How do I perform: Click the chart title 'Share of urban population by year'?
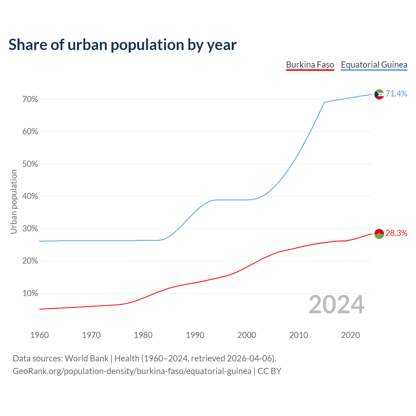coord(123,45)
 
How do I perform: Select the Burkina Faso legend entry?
coord(310,65)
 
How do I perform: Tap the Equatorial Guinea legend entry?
coord(374,65)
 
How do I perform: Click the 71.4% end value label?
coord(396,94)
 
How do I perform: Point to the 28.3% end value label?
coord(396,233)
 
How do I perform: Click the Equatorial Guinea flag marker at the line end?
coord(379,94)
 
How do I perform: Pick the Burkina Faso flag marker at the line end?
coord(379,234)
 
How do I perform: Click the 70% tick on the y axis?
coord(30,99)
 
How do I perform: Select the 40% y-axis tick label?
coord(30,196)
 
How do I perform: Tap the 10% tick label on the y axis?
coord(30,293)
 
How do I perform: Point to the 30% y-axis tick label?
coord(30,229)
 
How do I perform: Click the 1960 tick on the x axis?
coord(39,335)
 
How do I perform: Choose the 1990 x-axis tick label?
coord(195,335)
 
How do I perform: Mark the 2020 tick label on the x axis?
coord(350,335)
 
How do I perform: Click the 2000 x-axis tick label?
coord(247,335)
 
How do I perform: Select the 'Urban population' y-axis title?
coord(14,201)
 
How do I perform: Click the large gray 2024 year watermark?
coord(336,305)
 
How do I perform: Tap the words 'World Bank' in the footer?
coord(86,358)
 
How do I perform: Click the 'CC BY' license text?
coord(269,371)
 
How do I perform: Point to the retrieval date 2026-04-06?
coord(249,358)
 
